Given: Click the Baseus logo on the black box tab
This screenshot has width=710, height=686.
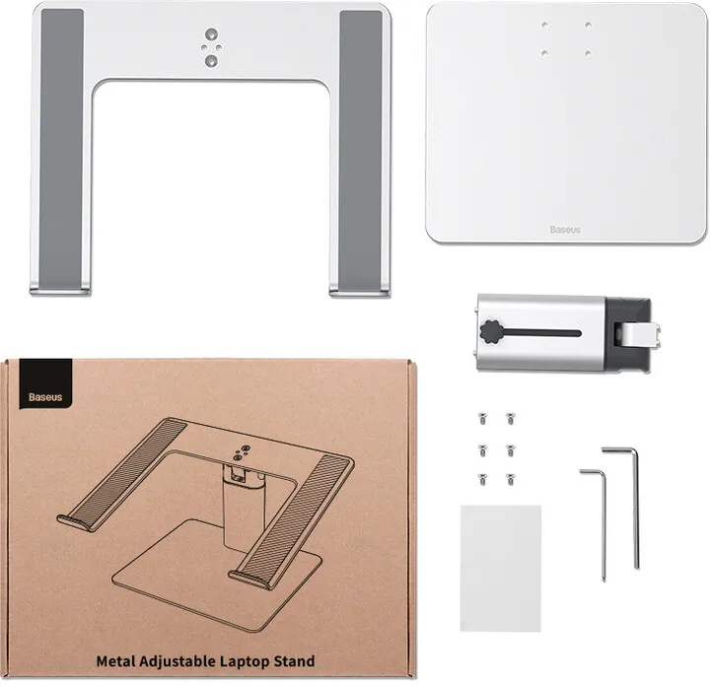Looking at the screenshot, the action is pyautogui.click(x=45, y=397).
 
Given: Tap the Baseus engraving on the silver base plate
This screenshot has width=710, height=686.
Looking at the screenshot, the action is pyautogui.click(x=565, y=230).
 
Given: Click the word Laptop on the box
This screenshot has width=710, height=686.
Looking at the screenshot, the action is pyautogui.click(x=245, y=661).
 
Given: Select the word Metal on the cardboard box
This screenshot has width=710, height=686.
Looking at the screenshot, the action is pyautogui.click(x=115, y=660).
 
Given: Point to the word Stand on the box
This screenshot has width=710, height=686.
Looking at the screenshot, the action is pyautogui.click(x=294, y=660).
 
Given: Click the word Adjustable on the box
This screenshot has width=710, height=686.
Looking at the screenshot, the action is pyautogui.click(x=177, y=661).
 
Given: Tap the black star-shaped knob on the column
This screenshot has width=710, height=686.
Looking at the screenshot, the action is pyautogui.click(x=490, y=332).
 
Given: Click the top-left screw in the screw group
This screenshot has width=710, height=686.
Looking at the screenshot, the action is pyautogui.click(x=482, y=418).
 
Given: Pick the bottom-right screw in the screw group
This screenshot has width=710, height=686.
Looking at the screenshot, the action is pyautogui.click(x=511, y=479).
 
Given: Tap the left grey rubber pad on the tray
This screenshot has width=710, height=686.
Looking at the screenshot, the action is pyautogui.click(x=61, y=149).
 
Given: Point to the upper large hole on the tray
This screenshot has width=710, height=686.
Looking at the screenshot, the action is pyautogui.click(x=211, y=34).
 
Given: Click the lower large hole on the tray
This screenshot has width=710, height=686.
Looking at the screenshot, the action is pyautogui.click(x=211, y=61).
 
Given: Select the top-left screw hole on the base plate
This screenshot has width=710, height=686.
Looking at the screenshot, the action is pyautogui.click(x=544, y=25).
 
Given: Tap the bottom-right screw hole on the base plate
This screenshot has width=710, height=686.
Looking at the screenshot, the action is pyautogui.click(x=588, y=53).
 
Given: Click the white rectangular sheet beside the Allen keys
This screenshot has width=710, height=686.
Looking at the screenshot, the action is pyautogui.click(x=501, y=568).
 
